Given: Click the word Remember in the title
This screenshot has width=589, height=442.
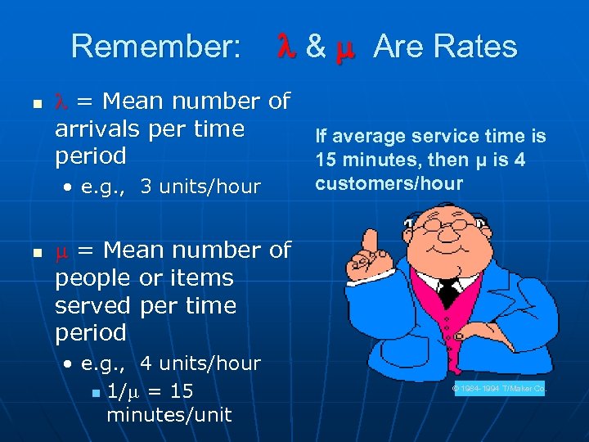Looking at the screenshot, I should [155, 47].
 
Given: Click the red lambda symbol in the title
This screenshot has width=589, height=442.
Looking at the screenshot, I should [286, 47].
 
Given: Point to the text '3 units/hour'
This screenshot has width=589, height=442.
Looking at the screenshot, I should [200, 187].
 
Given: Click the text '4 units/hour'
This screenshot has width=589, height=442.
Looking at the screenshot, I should [200, 363].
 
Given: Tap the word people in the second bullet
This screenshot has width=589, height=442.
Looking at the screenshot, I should [92, 277].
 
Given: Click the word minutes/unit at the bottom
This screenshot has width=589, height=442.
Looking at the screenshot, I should [169, 415].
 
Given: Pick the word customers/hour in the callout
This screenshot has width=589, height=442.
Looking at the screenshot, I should [389, 183].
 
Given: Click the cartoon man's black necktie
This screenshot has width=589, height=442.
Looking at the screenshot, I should [448, 291].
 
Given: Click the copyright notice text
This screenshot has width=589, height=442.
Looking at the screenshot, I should [499, 389].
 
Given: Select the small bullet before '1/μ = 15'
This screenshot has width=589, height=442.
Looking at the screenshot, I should [95, 394].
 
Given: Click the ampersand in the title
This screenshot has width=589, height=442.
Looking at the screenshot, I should [314, 47].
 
